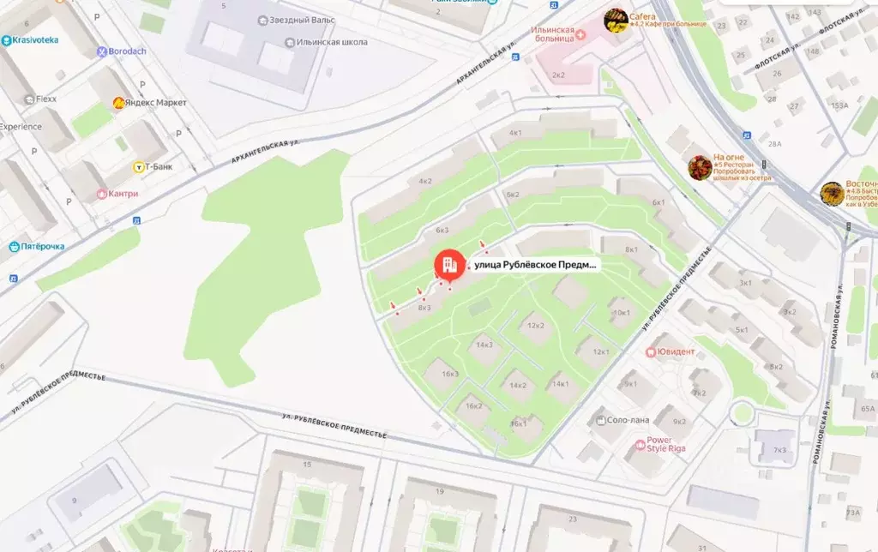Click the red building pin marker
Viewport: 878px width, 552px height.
click(x=448, y=266)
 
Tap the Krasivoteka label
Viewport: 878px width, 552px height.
click(x=34, y=40)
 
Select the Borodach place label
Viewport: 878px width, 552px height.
click(x=127, y=51)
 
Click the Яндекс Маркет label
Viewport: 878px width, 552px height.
click(x=154, y=103)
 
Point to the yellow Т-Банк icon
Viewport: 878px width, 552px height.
click(x=138, y=167)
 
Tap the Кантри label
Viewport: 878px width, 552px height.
click(x=123, y=194)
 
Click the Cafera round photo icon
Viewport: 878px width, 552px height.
click(x=616, y=20)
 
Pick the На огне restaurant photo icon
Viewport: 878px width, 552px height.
click(x=700, y=167)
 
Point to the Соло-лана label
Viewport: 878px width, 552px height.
click(x=628, y=420)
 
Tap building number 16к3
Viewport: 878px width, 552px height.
click(x=450, y=374)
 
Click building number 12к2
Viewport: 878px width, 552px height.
click(x=536, y=326)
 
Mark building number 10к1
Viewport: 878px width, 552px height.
click(x=621, y=313)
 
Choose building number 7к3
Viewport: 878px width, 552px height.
click(x=779, y=450)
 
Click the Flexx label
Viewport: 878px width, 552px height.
click(x=45, y=99)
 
